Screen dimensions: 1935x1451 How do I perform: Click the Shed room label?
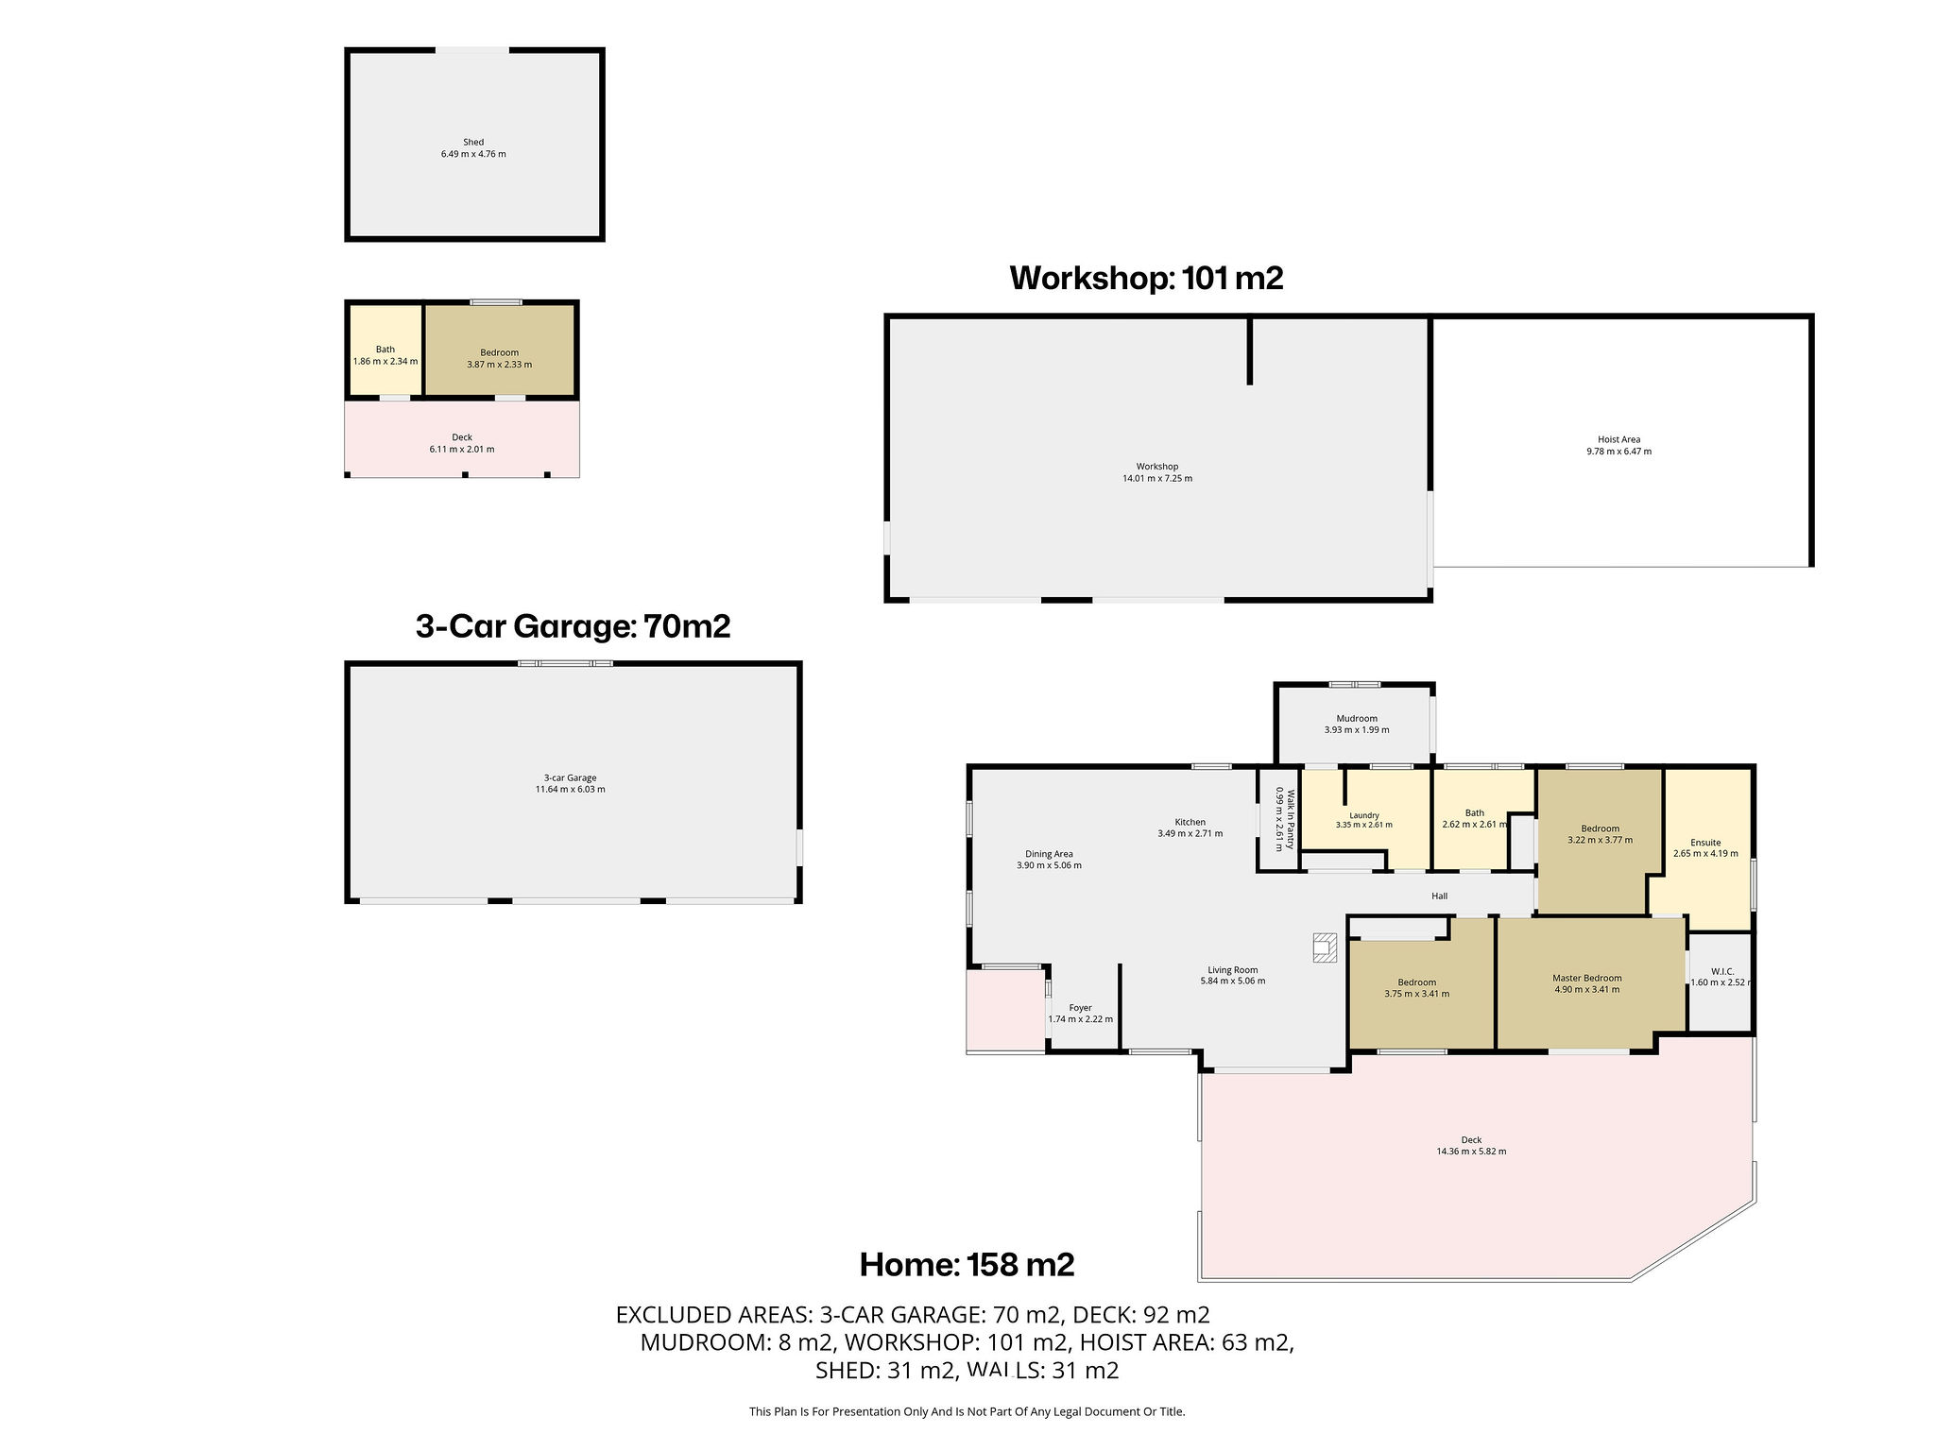[473, 143]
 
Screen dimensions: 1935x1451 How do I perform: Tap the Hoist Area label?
[1618, 439]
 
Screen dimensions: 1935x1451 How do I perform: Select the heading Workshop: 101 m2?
[1146, 278]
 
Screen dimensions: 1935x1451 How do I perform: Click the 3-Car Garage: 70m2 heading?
[573, 626]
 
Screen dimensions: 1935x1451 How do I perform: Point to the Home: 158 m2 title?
[967, 1264]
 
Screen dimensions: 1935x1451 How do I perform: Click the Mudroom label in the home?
[1357, 718]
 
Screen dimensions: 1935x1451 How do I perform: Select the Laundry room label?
[1364, 815]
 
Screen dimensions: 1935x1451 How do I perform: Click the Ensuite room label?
[1705, 843]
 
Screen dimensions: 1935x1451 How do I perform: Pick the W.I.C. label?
[1722, 971]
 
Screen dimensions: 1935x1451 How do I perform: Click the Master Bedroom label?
[1587, 979]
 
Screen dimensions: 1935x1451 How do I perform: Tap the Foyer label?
[1080, 1008]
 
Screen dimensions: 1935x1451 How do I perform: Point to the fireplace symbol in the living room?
[1325, 947]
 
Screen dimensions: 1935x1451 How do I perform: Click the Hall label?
[1439, 896]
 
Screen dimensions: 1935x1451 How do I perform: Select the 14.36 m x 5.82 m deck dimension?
[1471, 1152]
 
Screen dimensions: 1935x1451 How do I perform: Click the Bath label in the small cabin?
[385, 350]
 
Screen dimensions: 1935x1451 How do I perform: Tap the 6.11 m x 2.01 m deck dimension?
[462, 450]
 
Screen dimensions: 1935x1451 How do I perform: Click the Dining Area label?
[1049, 854]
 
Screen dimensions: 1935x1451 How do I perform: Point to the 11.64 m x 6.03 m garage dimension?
[570, 790]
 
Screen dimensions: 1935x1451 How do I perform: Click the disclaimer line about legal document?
[967, 1412]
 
